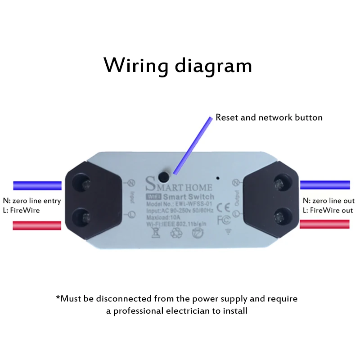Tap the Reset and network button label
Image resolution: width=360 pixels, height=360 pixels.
(269, 117)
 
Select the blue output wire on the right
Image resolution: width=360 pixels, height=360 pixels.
(325, 184)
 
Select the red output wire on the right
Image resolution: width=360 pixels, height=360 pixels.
(325, 224)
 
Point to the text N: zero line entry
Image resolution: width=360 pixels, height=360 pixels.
(31, 201)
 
